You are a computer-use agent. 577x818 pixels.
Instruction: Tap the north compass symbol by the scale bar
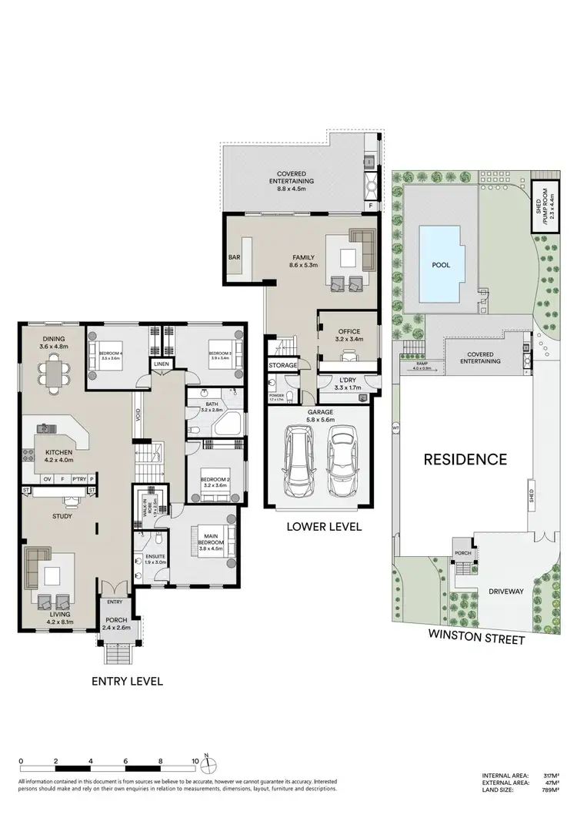[207, 765]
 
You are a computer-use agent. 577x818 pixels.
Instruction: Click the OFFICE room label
[349, 333]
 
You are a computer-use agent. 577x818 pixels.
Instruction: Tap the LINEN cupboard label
[161, 364]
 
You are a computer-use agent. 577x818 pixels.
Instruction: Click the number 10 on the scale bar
[195, 761]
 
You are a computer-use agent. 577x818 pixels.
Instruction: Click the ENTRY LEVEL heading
[127, 681]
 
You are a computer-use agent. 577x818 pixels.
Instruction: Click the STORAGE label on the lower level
[282, 364]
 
